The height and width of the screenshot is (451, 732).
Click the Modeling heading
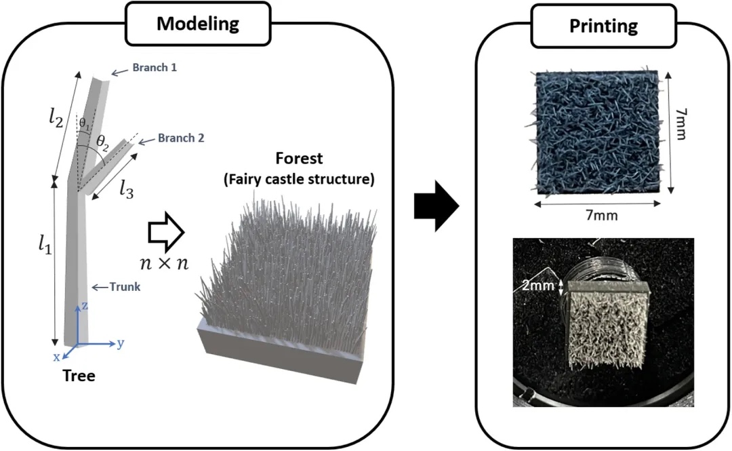tap(198, 24)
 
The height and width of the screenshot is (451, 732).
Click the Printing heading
tap(603, 26)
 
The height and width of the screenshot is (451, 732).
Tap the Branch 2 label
tap(181, 138)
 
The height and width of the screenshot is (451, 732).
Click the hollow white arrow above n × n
tap(165, 233)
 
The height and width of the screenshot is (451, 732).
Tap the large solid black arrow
tap(436, 203)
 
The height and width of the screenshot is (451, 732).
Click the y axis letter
tap(121, 343)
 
